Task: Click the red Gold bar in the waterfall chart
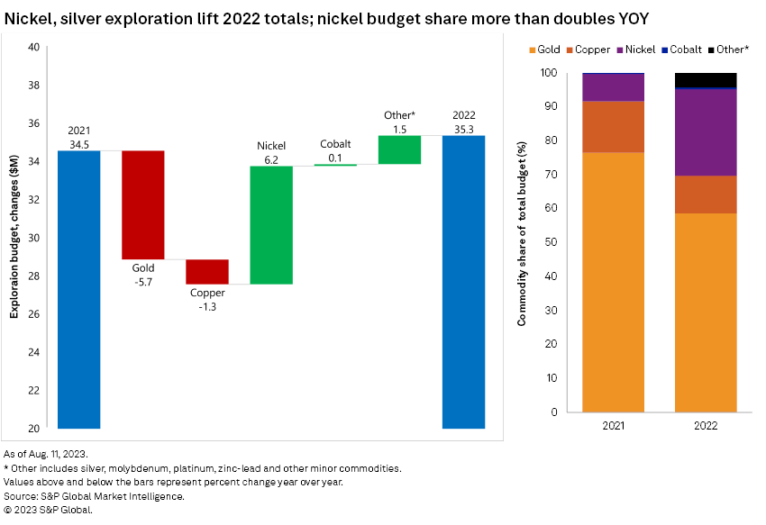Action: pyautogui.click(x=142, y=204)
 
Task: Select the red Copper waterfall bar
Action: pyautogui.click(x=206, y=271)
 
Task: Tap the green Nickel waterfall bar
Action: pyautogui.click(x=270, y=225)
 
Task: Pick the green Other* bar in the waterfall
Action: pyautogui.click(x=399, y=149)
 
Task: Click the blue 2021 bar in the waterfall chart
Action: pyautogui.click(x=78, y=289)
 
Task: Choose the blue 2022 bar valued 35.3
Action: pyautogui.click(x=463, y=282)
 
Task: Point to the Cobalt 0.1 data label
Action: pyautogui.click(x=335, y=151)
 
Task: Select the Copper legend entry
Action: pyautogui.click(x=588, y=50)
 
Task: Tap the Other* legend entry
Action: pyautogui.click(x=730, y=50)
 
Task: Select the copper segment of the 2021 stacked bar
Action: pyautogui.click(x=613, y=127)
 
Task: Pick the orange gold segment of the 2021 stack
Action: pyautogui.click(x=613, y=282)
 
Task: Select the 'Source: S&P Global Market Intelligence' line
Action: pyautogui.click(x=95, y=495)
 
